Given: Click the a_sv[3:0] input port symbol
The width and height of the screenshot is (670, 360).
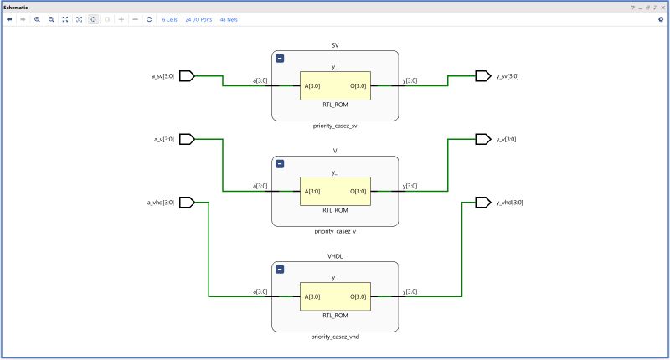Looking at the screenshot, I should click(187, 76).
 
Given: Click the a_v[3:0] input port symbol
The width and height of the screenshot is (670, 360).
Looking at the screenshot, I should click(187, 139).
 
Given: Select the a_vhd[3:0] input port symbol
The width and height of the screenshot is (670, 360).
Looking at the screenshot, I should click(187, 202).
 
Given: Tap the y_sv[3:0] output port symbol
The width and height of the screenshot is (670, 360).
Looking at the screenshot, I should click(483, 76).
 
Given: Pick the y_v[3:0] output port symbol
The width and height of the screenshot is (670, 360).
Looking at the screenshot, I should click(483, 139).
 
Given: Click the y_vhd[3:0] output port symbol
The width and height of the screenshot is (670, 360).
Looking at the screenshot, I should click(483, 202).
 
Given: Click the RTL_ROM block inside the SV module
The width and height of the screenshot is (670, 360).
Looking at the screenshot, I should click(335, 85).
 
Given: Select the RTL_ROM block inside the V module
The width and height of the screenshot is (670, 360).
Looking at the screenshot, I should click(335, 192).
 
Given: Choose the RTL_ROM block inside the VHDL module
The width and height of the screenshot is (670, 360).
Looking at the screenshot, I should click(335, 296).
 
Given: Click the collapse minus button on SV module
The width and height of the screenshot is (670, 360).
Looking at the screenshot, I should click(280, 59).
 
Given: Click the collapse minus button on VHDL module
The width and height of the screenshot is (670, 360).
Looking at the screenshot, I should click(280, 270).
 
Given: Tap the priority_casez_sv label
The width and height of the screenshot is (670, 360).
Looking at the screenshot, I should click(335, 126).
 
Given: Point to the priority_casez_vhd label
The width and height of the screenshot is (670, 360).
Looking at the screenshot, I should click(335, 337).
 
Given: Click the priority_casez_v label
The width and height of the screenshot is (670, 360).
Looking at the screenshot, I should click(335, 231).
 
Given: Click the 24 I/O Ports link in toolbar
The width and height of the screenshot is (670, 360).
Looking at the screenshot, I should click(198, 19).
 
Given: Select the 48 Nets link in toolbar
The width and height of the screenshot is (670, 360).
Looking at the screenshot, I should click(229, 19).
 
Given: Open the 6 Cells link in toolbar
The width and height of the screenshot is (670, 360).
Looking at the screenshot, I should click(169, 19).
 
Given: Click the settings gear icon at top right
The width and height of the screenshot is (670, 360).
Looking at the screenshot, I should click(660, 19).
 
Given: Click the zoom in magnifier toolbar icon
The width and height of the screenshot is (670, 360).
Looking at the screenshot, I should click(37, 19).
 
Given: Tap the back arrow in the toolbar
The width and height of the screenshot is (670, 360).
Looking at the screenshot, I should click(9, 19).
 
